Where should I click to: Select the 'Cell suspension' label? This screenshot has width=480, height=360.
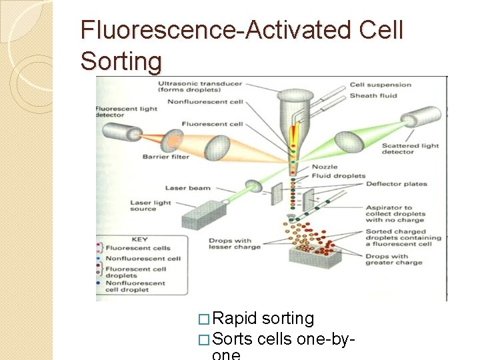pos(381,85)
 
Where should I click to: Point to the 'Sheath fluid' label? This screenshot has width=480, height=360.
pos(373,96)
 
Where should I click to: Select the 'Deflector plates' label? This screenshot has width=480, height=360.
pos(396,185)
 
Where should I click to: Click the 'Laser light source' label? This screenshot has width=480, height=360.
pos(151,206)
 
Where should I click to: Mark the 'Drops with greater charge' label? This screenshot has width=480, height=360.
pos(394,259)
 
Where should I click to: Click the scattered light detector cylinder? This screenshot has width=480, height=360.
pos(420,117)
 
